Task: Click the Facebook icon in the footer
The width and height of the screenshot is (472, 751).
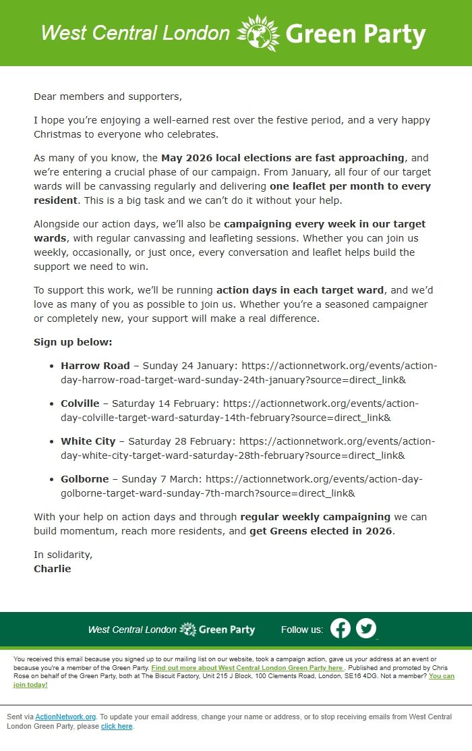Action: [341, 629]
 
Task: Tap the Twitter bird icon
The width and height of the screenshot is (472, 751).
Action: [366, 629]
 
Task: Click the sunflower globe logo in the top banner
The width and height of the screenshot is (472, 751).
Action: [258, 33]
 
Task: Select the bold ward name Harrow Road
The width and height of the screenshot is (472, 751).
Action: [95, 366]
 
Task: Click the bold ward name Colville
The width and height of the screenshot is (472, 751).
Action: [80, 404]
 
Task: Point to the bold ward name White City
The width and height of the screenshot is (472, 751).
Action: [88, 441]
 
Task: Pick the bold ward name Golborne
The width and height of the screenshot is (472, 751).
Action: [84, 479]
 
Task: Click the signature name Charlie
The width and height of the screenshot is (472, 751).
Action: [52, 568]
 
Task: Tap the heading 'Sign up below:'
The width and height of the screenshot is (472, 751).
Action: [73, 342]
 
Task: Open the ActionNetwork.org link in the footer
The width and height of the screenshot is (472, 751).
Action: [66, 717]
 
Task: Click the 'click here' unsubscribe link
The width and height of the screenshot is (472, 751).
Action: [117, 726]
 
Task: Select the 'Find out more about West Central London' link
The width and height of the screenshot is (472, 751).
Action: [247, 667]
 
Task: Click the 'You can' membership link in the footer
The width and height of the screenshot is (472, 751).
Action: [441, 676]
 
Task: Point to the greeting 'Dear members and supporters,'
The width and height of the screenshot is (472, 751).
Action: [108, 96]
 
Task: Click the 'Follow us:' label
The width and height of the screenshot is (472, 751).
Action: [301, 630]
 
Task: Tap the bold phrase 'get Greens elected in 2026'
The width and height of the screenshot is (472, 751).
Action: [320, 530]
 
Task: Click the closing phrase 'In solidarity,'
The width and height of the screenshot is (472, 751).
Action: [63, 555]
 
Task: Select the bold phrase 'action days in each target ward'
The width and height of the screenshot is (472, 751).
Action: [300, 290]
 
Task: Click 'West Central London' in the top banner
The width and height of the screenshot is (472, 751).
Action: [135, 33]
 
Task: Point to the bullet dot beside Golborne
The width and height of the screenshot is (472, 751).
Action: [52, 480]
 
